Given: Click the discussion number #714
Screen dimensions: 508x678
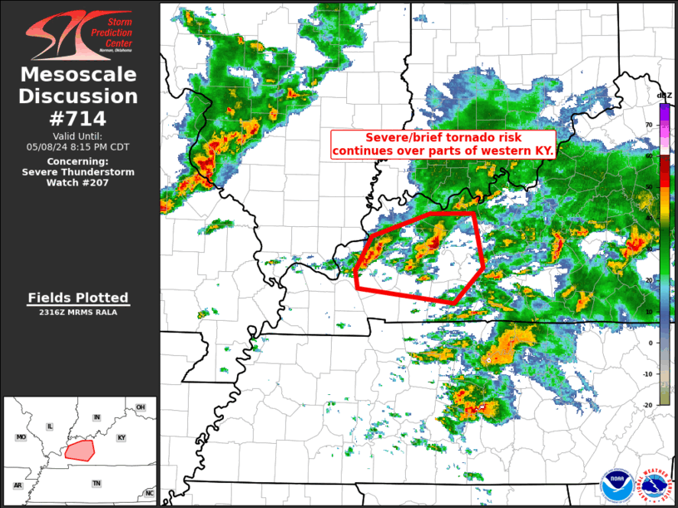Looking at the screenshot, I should click(x=78, y=118).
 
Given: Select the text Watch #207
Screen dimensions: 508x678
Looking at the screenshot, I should click(x=78, y=182).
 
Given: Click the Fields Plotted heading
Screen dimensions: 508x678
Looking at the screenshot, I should click(x=78, y=298).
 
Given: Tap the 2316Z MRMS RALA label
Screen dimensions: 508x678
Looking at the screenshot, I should click(x=78, y=313).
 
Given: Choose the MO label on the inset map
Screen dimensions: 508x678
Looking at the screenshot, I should click(x=21, y=437).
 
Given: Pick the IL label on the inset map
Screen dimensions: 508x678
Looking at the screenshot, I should click(x=50, y=427).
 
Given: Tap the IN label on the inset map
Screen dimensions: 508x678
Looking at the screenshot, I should click(x=97, y=417).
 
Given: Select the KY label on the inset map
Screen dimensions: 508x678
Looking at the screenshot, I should click(x=121, y=437).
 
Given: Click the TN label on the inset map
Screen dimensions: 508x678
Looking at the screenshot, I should click(x=97, y=482).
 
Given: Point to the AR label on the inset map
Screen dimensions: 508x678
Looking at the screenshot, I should click(x=17, y=486).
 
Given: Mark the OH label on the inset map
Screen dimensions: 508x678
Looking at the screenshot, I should click(x=141, y=407).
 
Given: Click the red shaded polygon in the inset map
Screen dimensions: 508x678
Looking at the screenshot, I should click(x=81, y=450).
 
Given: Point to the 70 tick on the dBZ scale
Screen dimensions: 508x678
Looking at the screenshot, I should click(x=649, y=125).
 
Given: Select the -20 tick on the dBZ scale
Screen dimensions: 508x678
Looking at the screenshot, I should click(x=648, y=405).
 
